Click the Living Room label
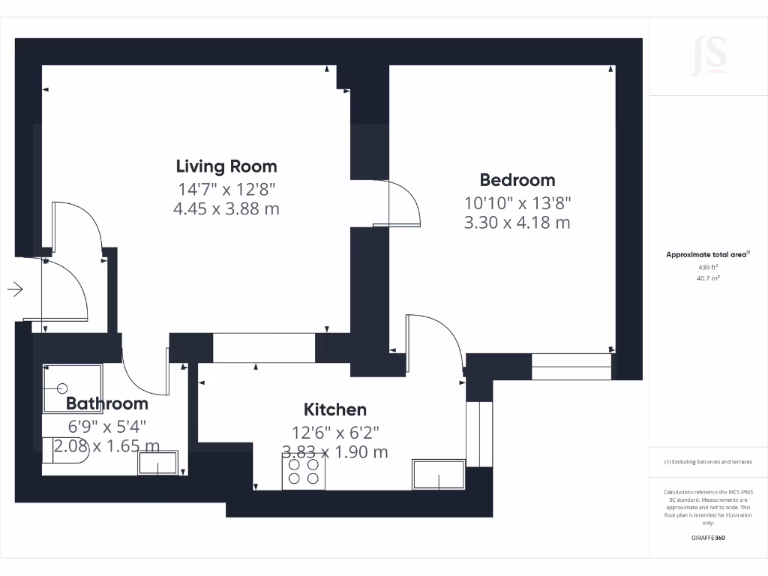[226, 166]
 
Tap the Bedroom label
[517, 180]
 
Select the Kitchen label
[335, 409]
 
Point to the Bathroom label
[107, 403]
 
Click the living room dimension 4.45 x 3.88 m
[226, 209]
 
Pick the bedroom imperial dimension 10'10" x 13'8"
[517, 202]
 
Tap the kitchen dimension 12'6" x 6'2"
[335, 433]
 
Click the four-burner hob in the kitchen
[304, 471]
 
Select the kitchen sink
[438, 474]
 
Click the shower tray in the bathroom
[73, 388]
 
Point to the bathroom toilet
[65, 450]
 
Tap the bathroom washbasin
[157, 463]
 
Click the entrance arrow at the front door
[15, 289]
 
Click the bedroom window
[571, 366]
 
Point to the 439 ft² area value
[708, 268]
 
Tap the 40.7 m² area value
[708, 278]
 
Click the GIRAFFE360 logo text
[708, 538]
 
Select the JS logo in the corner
[709, 55]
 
